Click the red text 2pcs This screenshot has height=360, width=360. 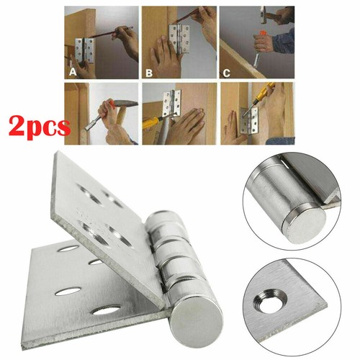[x=40, y=127]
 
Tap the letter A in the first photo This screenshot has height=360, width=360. [x=73, y=71]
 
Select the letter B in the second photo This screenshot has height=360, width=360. [x=149, y=73]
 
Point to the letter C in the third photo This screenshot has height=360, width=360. [x=226, y=73]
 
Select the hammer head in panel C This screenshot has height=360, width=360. [x=264, y=14]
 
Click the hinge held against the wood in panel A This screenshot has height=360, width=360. [x=84, y=50]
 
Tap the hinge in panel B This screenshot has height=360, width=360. [x=179, y=39]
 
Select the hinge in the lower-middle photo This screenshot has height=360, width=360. [x=172, y=103]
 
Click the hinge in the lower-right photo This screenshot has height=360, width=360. [x=249, y=120]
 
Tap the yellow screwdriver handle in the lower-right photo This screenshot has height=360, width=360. [x=267, y=89]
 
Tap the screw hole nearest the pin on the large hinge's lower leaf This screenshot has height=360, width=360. [x=106, y=311]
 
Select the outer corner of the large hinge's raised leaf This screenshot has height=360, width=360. [x=58, y=151]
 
